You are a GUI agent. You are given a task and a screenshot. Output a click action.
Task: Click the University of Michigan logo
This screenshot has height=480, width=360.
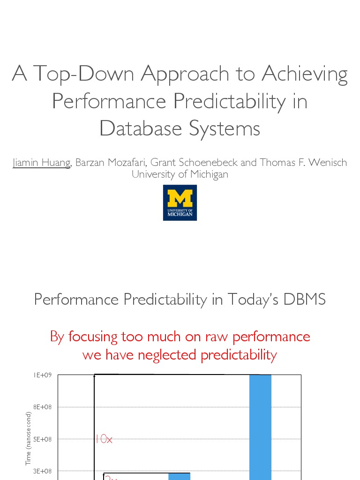pyautogui.click(x=180, y=202)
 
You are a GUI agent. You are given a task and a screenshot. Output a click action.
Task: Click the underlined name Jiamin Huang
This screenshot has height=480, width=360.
pyautogui.click(x=41, y=163)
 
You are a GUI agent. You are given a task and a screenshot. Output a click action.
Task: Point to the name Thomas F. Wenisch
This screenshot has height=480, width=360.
pyautogui.click(x=303, y=163)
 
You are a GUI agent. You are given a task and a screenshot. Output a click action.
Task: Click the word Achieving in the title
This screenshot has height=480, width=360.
pyautogui.click(x=305, y=74)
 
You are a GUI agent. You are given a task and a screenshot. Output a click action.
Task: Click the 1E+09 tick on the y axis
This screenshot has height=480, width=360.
pyautogui.click(x=42, y=375)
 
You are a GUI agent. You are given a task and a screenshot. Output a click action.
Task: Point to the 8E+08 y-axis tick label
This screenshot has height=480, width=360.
pyautogui.click(x=42, y=407)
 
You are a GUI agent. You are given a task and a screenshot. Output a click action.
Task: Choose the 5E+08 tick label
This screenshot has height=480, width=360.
pyautogui.click(x=42, y=439)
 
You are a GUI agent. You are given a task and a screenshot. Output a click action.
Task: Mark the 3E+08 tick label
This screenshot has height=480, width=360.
pyautogui.click(x=42, y=471)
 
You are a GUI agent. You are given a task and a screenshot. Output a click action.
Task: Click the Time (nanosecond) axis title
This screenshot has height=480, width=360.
pyautogui.click(x=29, y=438)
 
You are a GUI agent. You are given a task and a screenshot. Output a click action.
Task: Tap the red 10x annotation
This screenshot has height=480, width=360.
pyautogui.click(x=104, y=439)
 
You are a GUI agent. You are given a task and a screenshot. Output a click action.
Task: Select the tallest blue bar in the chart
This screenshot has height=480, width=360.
pyautogui.click(x=260, y=427)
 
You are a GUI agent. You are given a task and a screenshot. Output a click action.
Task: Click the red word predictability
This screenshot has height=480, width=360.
pyautogui.click(x=239, y=355)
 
